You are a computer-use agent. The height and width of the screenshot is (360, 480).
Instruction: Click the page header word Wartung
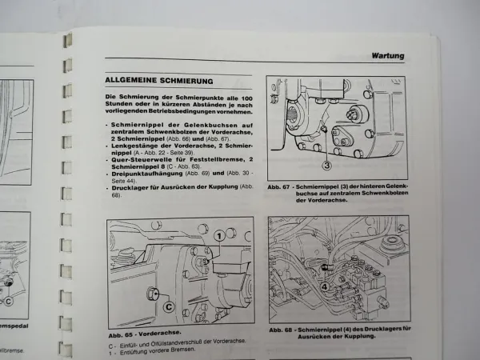pyautogui.click(x=387, y=56)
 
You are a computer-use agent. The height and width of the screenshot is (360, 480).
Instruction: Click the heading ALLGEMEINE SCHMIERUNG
pyautogui.click(x=158, y=81)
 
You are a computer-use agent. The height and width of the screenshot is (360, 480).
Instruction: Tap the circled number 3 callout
pyautogui.click(x=327, y=166)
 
